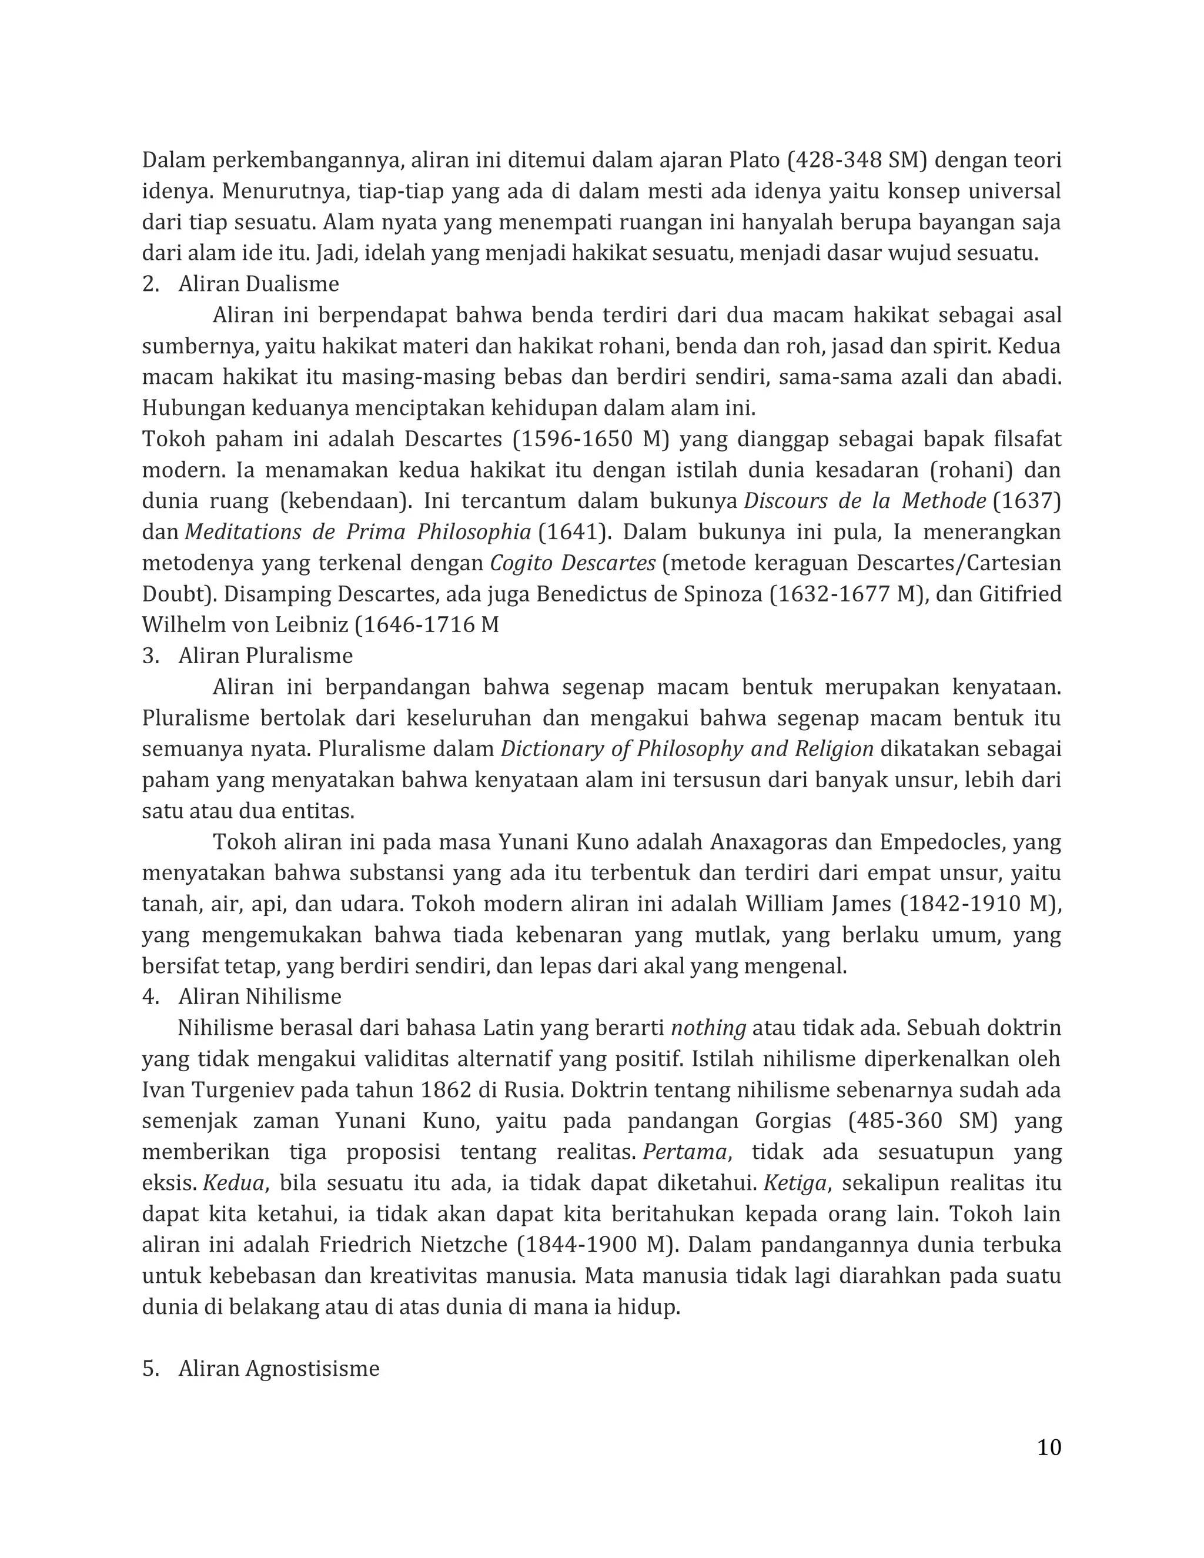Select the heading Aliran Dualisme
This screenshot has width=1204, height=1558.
(258, 284)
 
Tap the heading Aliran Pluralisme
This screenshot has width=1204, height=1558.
(265, 656)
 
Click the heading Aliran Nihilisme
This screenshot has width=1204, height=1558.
(260, 997)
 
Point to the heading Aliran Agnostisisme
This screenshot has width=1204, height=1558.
(278, 1368)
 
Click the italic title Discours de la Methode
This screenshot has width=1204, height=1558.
(864, 501)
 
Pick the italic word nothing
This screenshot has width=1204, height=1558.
(708, 1028)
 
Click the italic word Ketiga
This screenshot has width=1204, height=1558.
(795, 1183)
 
